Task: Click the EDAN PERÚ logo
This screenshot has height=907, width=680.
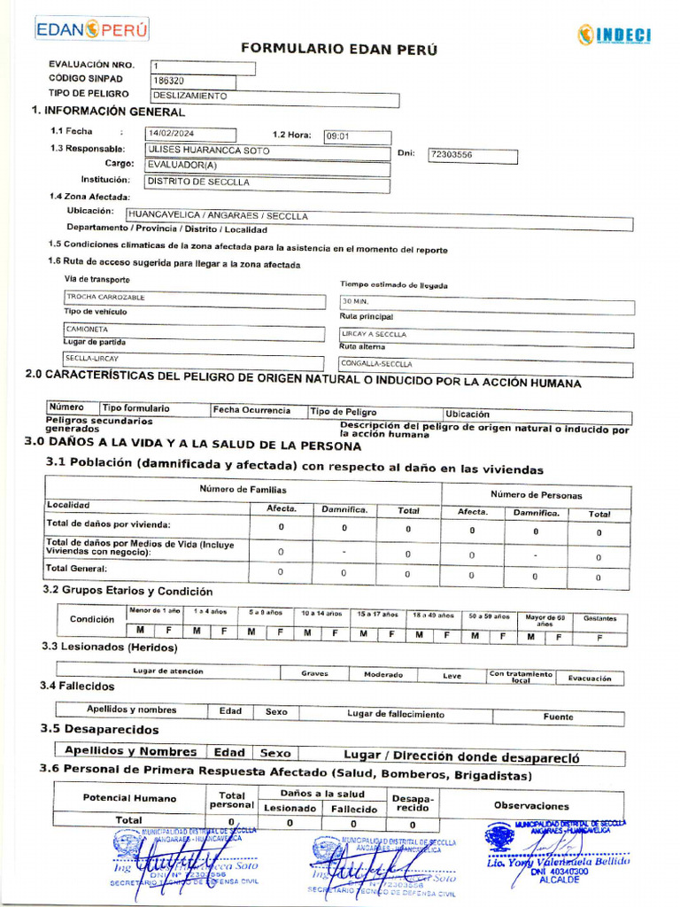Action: point(91,30)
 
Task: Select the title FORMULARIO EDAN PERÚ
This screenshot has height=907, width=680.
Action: point(339,50)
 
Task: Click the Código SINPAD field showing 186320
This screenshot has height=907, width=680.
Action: point(203,81)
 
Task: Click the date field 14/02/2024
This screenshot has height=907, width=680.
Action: point(190,135)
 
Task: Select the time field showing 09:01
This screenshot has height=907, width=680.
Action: point(357,136)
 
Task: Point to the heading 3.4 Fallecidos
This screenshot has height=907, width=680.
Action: point(77,686)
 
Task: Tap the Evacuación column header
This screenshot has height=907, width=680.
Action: point(589,678)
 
